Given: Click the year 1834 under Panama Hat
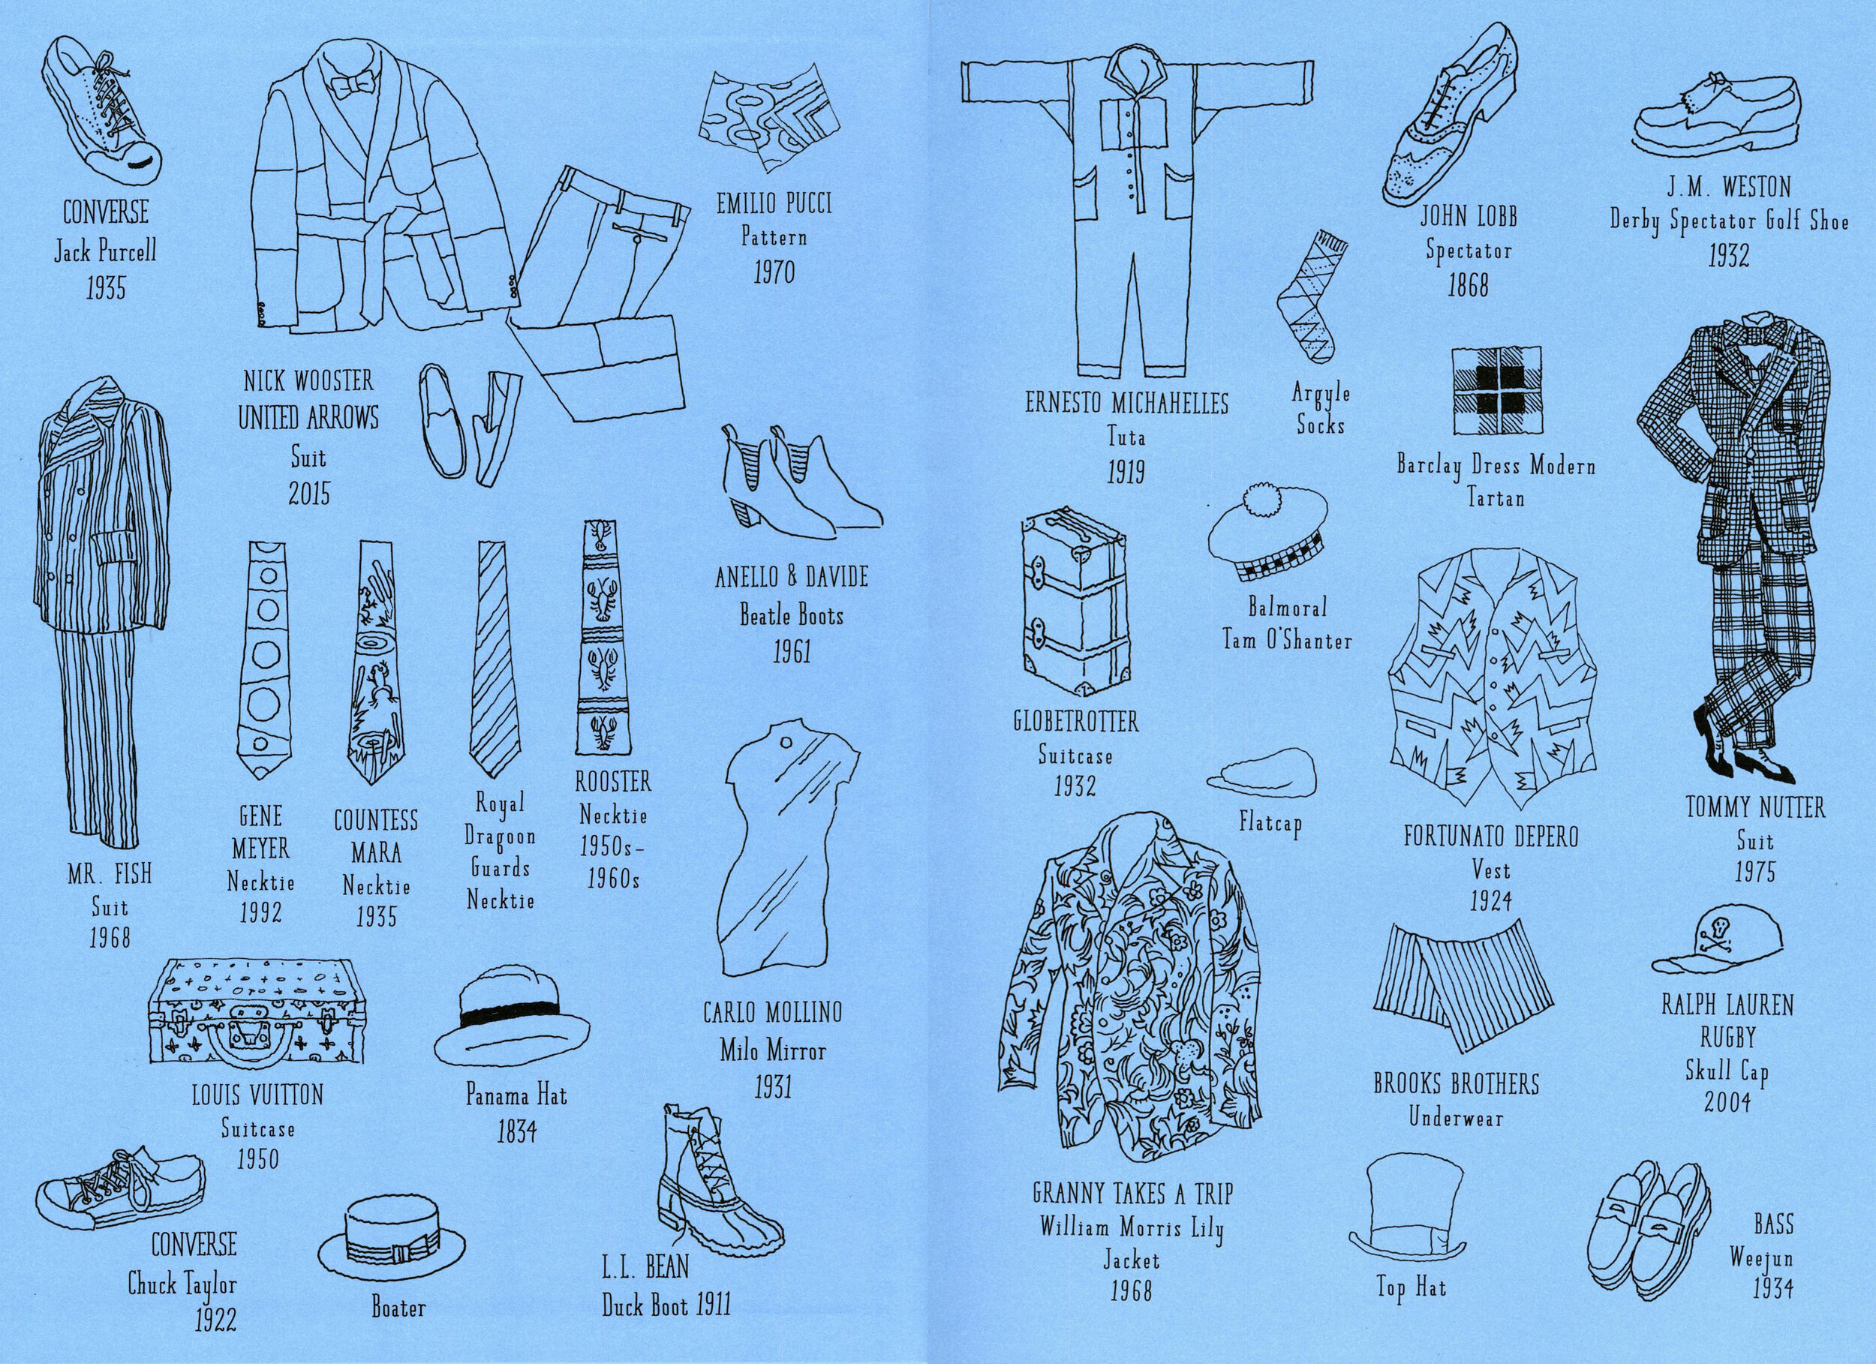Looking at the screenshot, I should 516,1131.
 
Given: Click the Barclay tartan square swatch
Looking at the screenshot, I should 1495,389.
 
